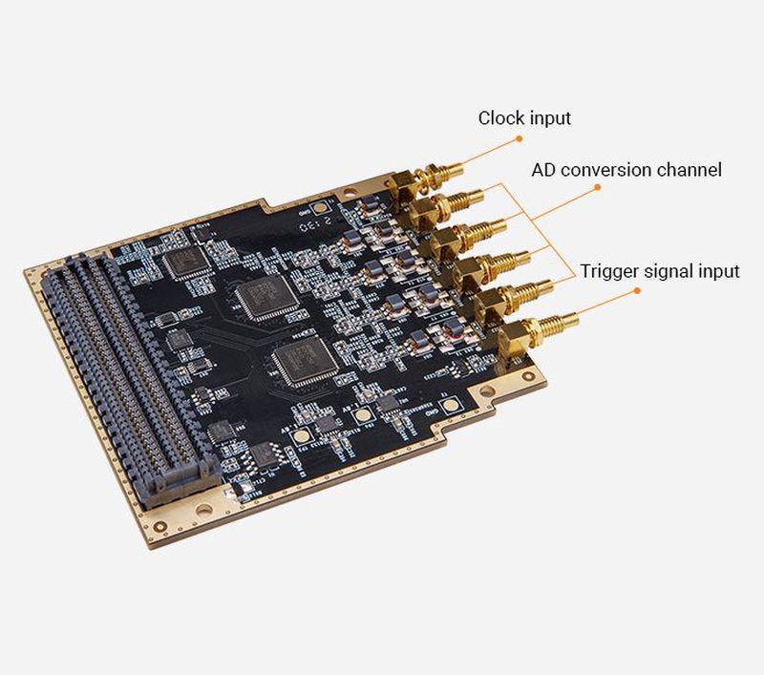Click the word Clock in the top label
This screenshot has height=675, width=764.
[501, 118]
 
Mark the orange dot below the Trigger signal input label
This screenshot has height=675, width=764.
[634, 290]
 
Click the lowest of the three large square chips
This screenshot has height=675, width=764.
[305, 361]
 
